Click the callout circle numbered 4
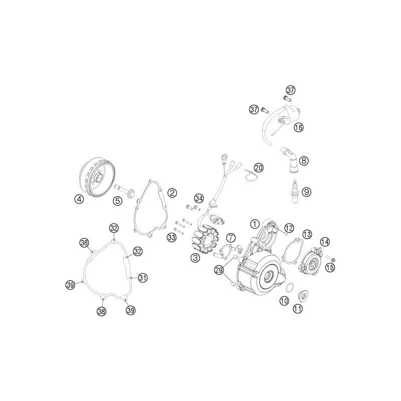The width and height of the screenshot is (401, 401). [x=79, y=198]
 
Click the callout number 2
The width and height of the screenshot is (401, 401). [x=172, y=192]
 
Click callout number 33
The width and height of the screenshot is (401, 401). [x=171, y=237]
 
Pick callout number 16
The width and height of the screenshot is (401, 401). [x=298, y=127]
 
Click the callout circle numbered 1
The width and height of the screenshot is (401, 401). [x=255, y=224]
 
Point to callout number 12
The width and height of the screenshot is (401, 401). [x=289, y=228]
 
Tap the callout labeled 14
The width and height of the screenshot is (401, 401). [x=325, y=242]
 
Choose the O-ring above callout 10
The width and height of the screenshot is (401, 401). [x=290, y=287]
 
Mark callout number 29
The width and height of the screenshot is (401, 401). [x=220, y=270]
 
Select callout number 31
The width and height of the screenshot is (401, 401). [x=143, y=278]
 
